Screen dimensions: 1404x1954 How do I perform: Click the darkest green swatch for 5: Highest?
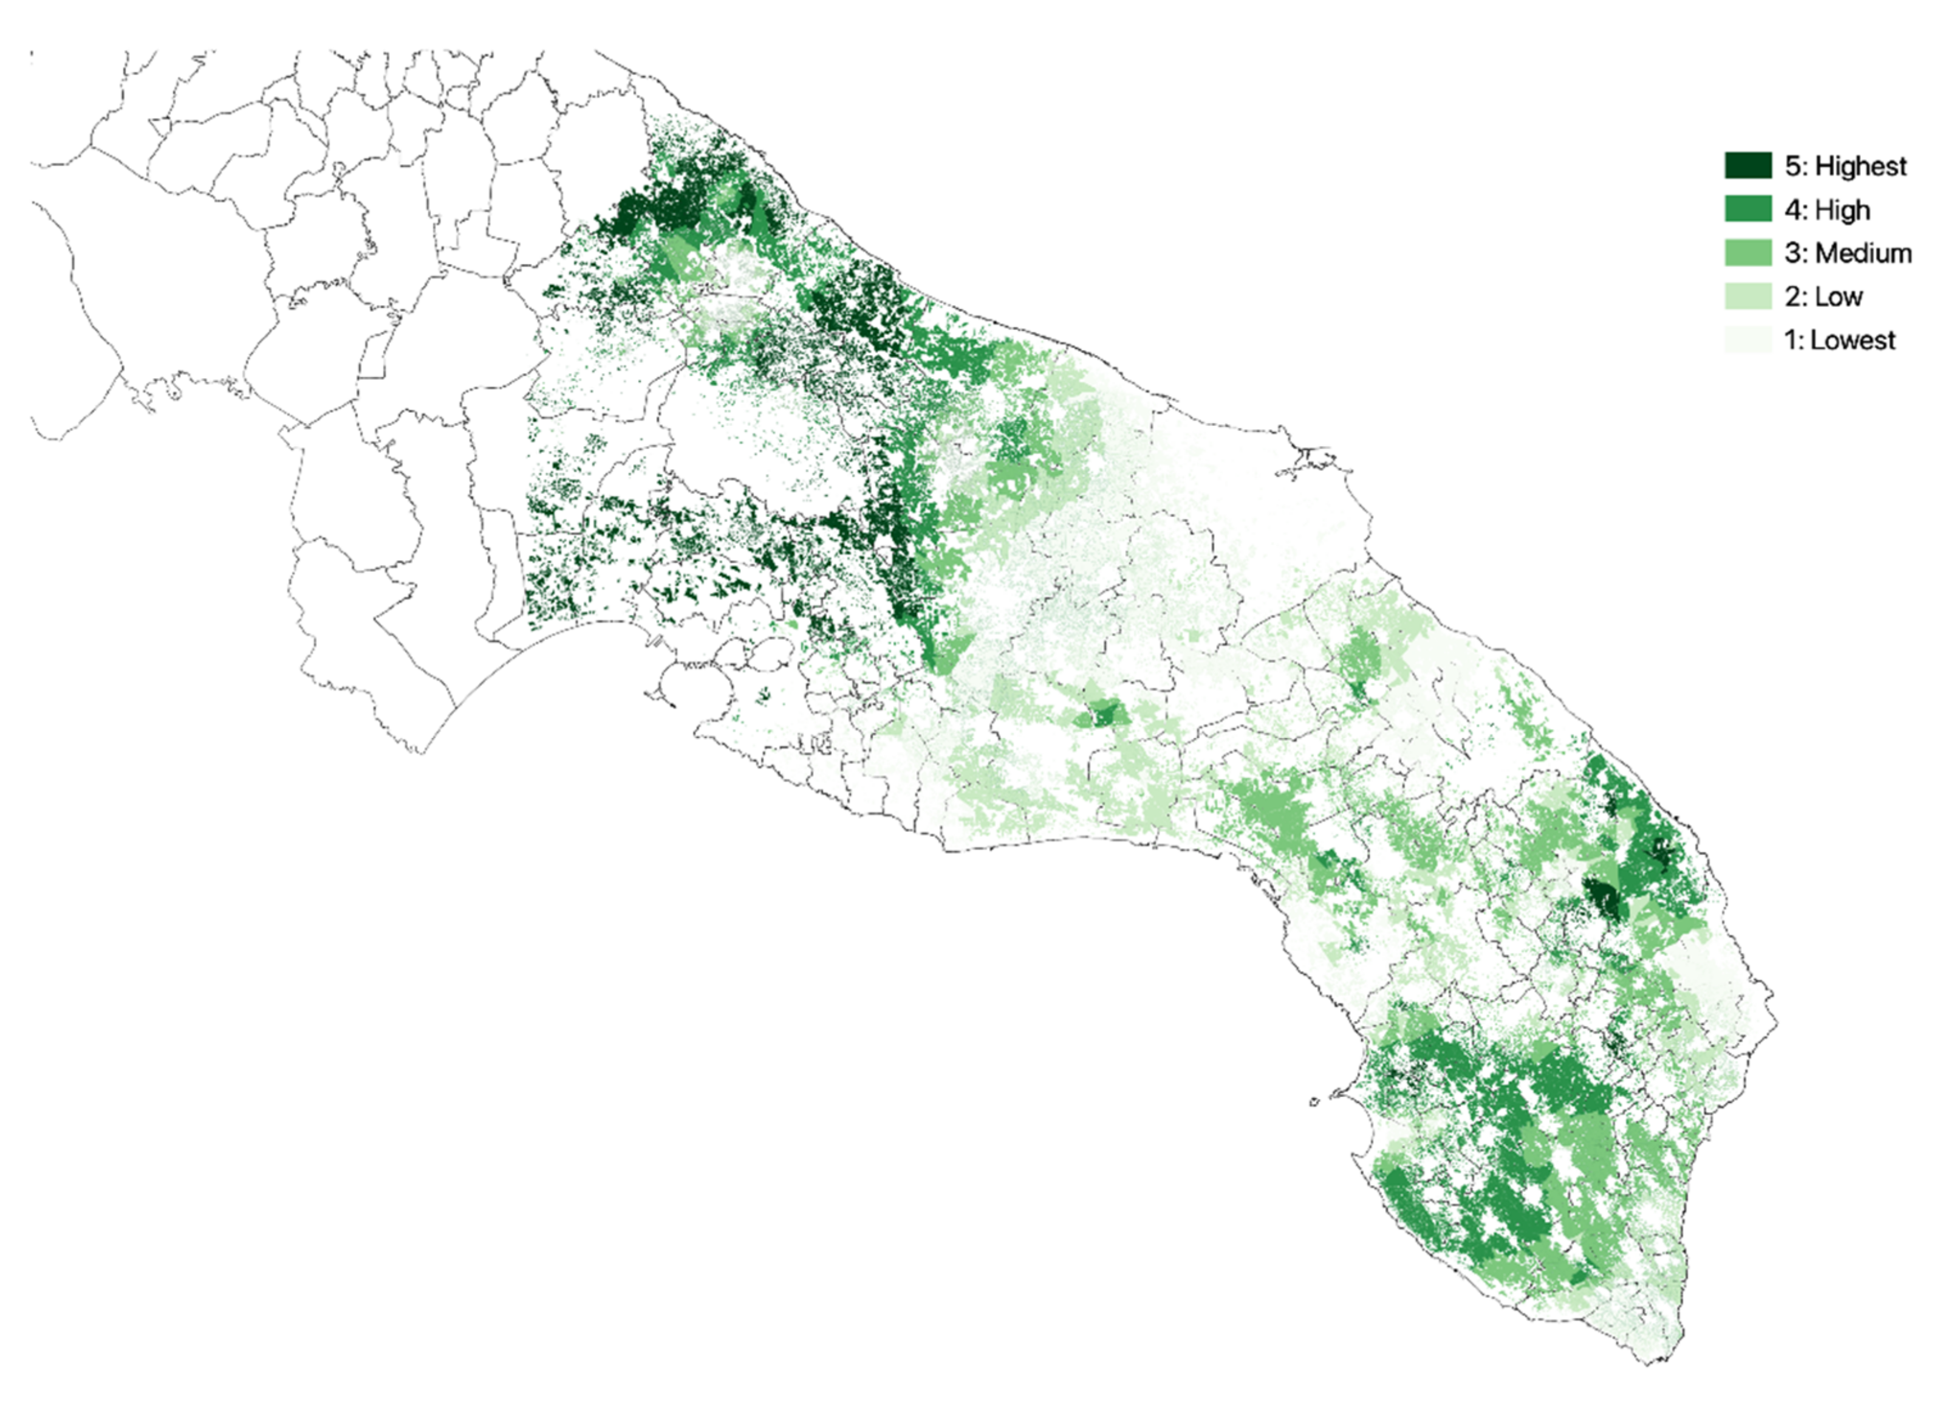1747,165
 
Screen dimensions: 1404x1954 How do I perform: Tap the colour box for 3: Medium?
1747,252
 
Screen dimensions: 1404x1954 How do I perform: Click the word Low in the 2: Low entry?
1838,297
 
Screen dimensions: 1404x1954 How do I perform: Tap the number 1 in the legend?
1791,340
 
